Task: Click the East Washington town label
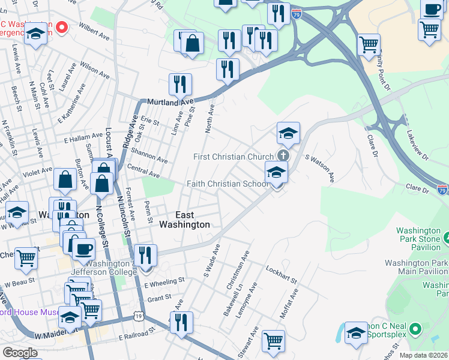coord(184,220)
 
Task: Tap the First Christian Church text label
coord(234,157)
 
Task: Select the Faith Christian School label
coord(228,184)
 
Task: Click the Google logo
coord(19,353)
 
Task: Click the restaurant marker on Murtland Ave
coord(180,85)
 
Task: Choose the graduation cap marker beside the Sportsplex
coord(356,334)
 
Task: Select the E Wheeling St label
coord(164,281)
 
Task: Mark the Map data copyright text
coord(423,355)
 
